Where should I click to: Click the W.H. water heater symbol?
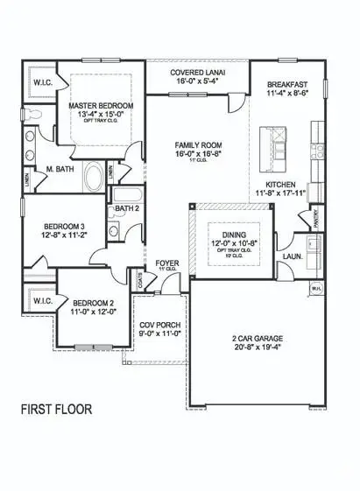tap(315, 287)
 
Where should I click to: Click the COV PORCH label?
tap(160, 325)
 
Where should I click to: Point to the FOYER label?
tap(167, 262)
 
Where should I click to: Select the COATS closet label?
tap(142, 278)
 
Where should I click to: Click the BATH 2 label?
tap(124, 207)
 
